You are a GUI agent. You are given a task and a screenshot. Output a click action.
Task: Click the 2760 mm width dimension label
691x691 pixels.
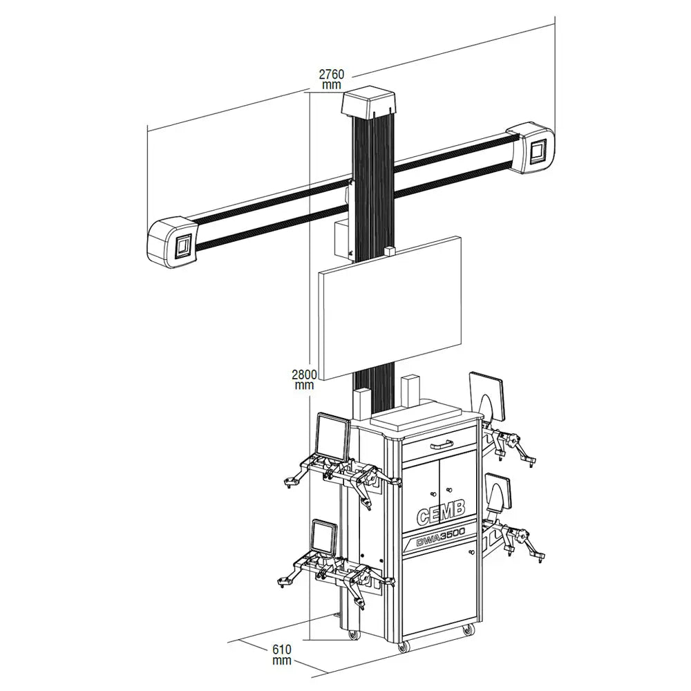coord(331,79)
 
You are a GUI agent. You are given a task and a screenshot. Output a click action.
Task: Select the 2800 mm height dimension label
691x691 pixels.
coord(304,379)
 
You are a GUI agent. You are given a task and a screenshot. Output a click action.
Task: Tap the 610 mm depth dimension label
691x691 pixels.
coord(282,654)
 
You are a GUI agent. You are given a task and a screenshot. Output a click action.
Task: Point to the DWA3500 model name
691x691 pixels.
coord(440,538)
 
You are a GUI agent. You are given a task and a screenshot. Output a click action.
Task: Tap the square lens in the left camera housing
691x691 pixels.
coord(184,246)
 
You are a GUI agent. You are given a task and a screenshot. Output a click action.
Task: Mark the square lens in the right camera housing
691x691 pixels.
coord(538,150)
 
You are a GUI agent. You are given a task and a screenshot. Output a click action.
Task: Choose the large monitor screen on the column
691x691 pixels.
coord(390,307)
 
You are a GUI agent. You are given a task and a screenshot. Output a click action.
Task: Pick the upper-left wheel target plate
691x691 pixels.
coord(332,435)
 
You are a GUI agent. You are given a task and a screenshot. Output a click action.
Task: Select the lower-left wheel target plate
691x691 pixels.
coord(323,539)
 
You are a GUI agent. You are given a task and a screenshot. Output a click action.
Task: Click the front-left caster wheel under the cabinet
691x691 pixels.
coord(403,645)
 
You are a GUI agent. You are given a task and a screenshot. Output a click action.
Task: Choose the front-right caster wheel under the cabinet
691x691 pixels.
coord(468,629)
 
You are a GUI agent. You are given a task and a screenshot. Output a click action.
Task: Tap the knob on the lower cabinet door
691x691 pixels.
coord(471,553)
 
